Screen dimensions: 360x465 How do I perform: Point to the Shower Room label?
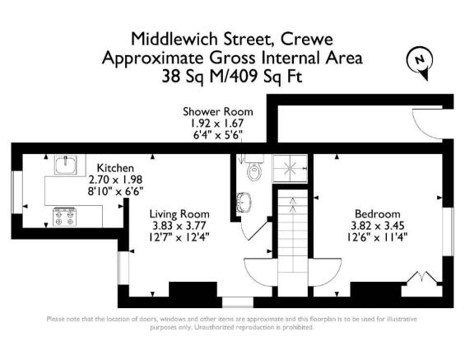tap(217, 112)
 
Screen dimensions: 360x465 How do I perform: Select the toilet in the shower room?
tap(253, 170)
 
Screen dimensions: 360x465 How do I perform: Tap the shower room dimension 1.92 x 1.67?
tap(217, 124)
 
